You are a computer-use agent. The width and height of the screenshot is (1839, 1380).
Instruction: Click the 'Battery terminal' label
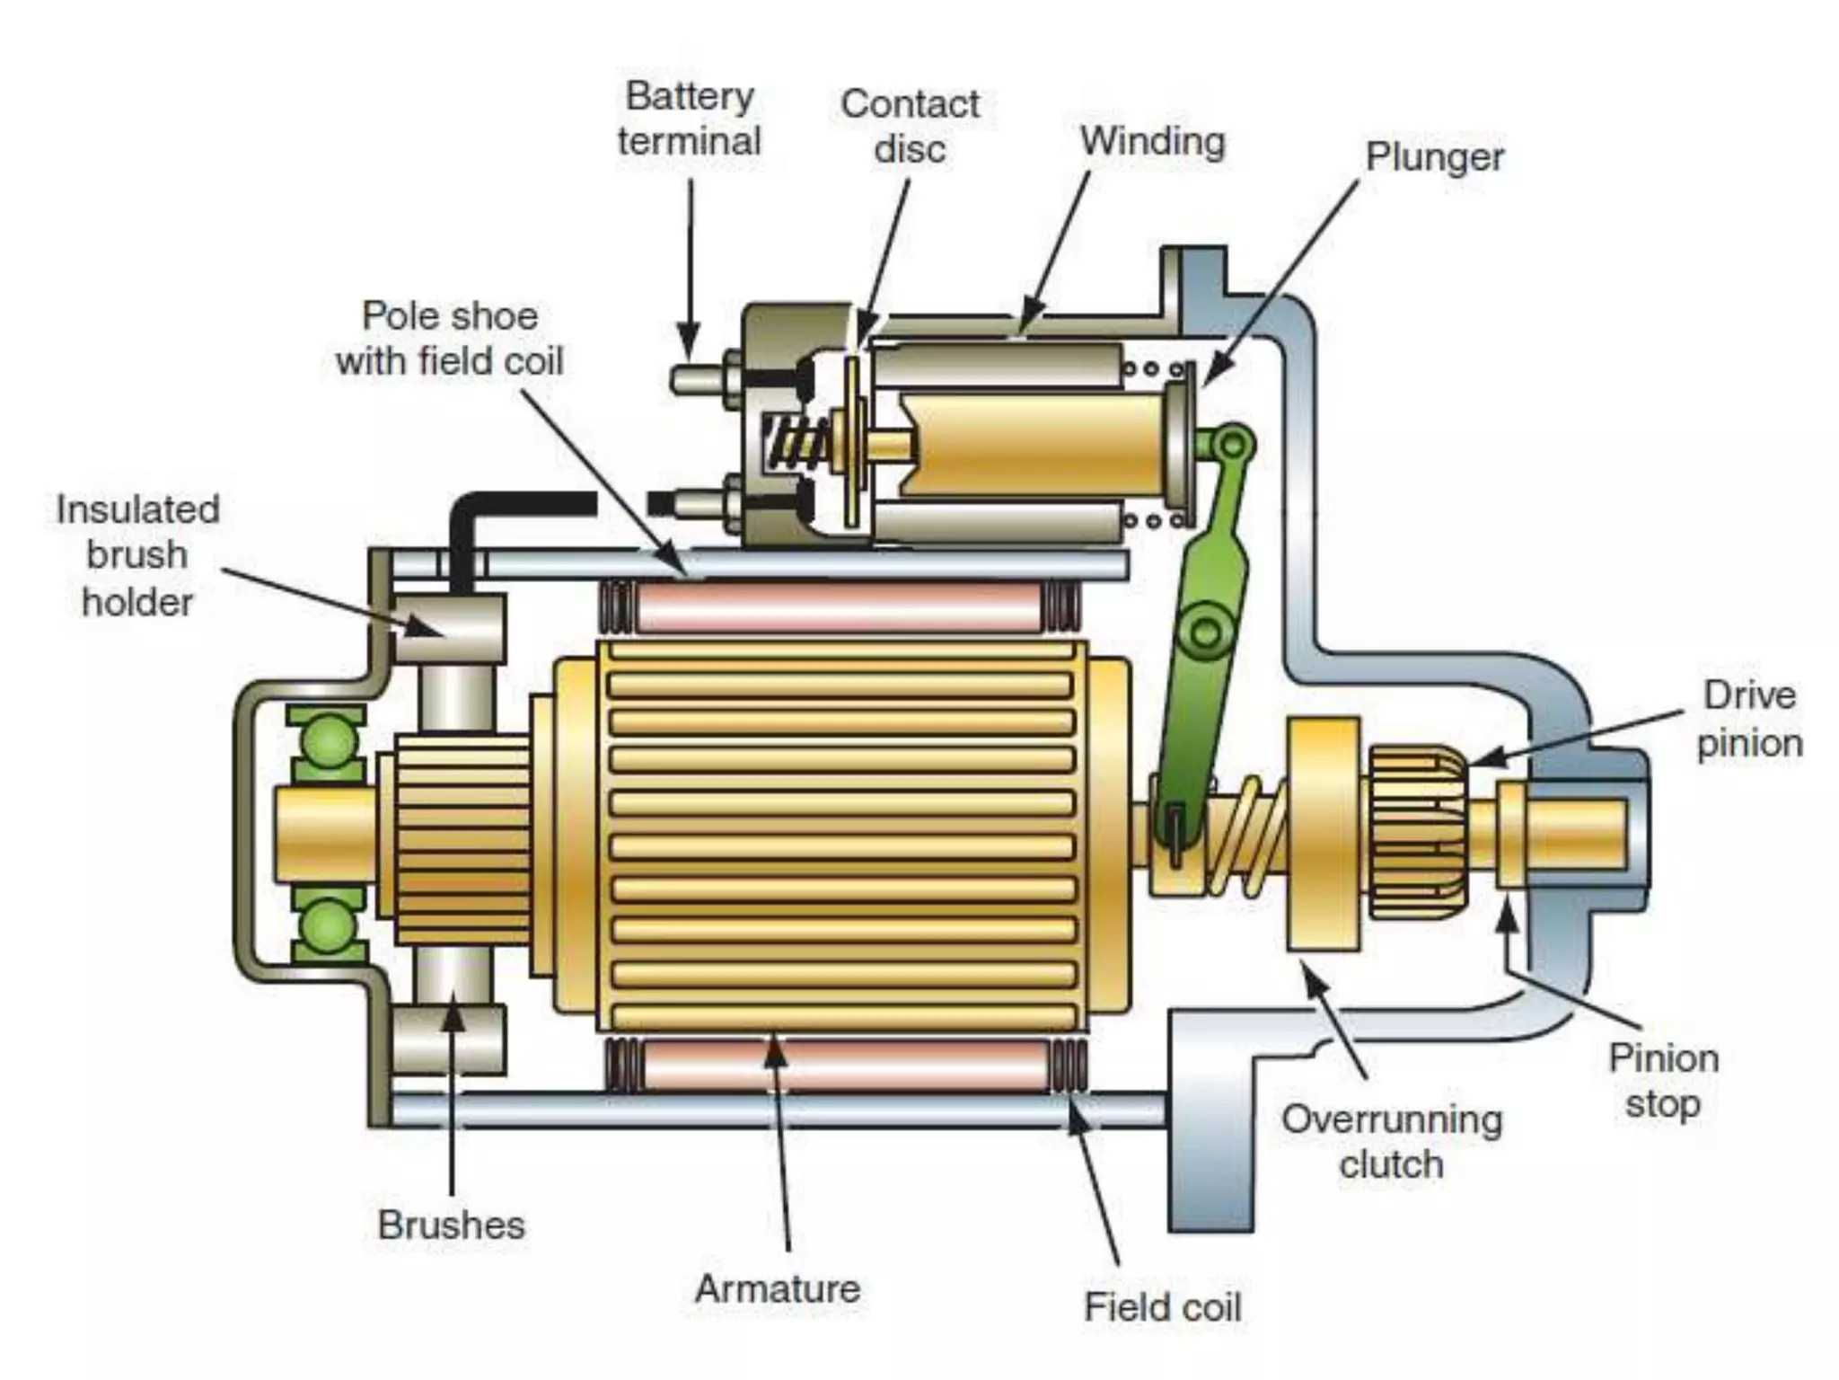pyautogui.click(x=689, y=119)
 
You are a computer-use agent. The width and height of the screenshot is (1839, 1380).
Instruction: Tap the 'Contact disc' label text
pyautogui.click(x=909, y=127)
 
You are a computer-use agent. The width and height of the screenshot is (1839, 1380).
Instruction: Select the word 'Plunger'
pyautogui.click(x=1433, y=157)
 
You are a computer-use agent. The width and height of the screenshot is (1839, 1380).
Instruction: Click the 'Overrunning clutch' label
pyautogui.click(x=1391, y=1142)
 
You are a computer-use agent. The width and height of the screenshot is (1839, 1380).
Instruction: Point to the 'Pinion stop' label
pyautogui.click(x=1662, y=1081)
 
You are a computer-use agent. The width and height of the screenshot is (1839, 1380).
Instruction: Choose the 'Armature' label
pyautogui.click(x=778, y=1288)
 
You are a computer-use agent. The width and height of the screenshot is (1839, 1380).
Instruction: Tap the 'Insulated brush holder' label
pyautogui.click(x=137, y=555)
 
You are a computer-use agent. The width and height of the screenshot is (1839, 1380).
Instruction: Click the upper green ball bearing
pyautogui.click(x=327, y=742)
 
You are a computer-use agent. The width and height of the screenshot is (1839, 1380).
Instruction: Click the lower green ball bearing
pyautogui.click(x=327, y=925)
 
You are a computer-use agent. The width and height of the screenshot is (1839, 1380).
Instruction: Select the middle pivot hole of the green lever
pyautogui.click(x=1205, y=632)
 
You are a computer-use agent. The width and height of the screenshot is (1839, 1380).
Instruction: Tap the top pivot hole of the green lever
pyautogui.click(x=1235, y=443)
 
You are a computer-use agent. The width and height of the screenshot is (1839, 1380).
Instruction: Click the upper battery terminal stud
pyautogui.click(x=699, y=378)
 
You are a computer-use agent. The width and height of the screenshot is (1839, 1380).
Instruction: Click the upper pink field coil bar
pyautogui.click(x=840, y=606)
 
